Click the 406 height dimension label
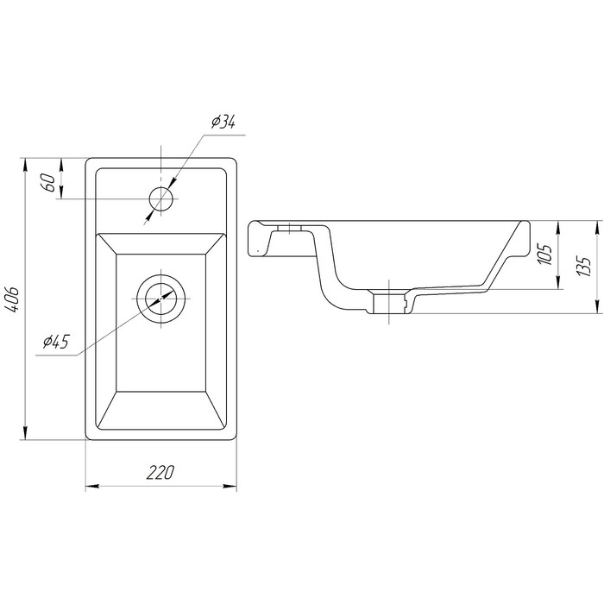pyautogui.click(x=14, y=299)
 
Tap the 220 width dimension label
pyautogui.click(x=160, y=472)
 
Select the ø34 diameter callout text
pyautogui.click(x=223, y=123)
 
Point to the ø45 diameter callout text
pyautogui.click(x=56, y=342)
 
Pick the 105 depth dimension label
pyautogui.click(x=545, y=254)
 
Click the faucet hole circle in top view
pyautogui.click(x=160, y=198)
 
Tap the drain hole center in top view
pyautogui.click(x=160, y=299)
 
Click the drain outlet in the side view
pyautogui.click(x=390, y=302)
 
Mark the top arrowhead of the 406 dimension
pyautogui.click(x=26, y=165)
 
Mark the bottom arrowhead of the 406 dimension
pyautogui.click(x=26, y=432)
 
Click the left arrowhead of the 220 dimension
pyautogui.click(x=92, y=486)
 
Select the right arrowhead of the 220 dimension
pyautogui.click(x=230, y=486)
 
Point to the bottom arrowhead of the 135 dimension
pyautogui.click(x=597, y=306)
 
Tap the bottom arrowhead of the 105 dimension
pyautogui.click(x=558, y=282)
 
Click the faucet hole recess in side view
pyautogui.click(x=289, y=228)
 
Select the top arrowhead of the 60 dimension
pyautogui.click(x=61, y=165)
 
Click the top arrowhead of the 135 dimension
pyautogui.click(x=597, y=228)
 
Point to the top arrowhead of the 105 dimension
pyautogui.click(x=558, y=228)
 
